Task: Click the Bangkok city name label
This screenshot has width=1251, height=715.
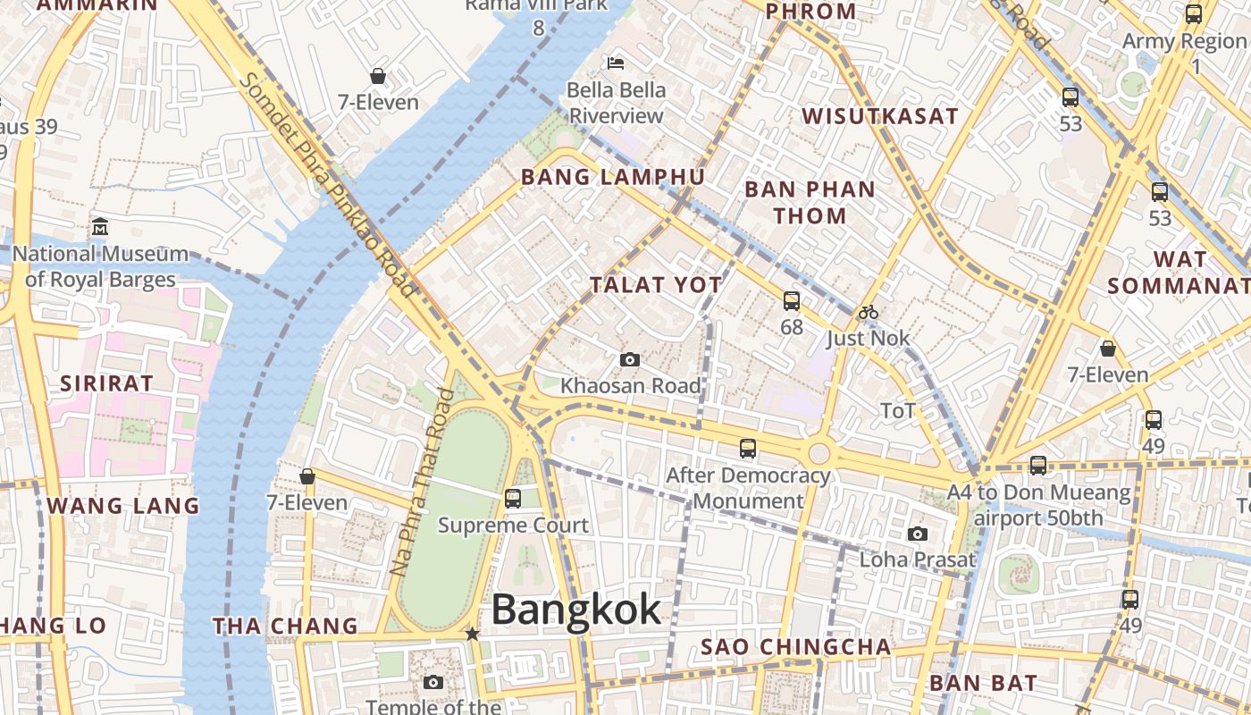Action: click(x=576, y=610)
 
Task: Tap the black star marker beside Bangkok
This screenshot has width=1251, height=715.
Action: click(x=472, y=634)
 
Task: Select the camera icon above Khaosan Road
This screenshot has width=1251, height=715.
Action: click(x=630, y=359)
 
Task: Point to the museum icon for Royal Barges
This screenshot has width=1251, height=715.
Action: click(x=100, y=226)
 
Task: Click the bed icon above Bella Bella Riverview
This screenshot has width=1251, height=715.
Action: click(x=616, y=63)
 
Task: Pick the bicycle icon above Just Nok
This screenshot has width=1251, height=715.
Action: click(x=868, y=312)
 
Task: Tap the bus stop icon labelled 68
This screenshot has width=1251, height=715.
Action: click(x=792, y=301)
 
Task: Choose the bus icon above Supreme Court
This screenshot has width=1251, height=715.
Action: click(x=513, y=498)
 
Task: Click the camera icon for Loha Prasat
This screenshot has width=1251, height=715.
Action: click(x=917, y=534)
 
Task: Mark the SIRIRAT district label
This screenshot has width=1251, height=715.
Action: click(x=106, y=383)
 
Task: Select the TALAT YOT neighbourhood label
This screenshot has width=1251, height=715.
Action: click(x=656, y=285)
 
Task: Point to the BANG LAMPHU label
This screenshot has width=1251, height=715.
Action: click(x=613, y=177)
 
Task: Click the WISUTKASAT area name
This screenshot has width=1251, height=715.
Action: click(x=879, y=116)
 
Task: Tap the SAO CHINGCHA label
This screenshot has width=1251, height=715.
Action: click(x=795, y=646)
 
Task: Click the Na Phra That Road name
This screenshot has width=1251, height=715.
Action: click(x=423, y=482)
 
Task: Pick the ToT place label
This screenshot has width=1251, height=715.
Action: click(x=898, y=410)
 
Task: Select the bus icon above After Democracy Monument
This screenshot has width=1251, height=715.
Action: click(x=748, y=449)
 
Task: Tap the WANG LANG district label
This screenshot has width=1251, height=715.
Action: click(x=123, y=506)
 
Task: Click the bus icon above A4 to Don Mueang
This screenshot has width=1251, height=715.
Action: click(x=1037, y=465)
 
